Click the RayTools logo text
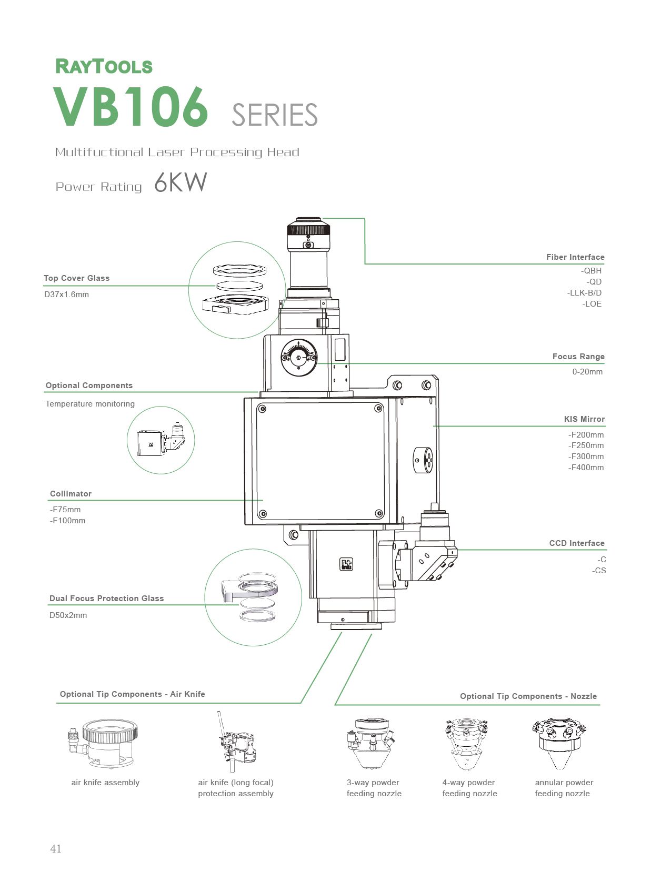pyautogui.click(x=104, y=66)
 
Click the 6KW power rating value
pyautogui.click(x=181, y=183)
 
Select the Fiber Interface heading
pyautogui.click(x=575, y=257)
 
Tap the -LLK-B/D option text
pyautogui.click(x=584, y=293)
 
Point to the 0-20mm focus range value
pyautogui.click(x=587, y=372)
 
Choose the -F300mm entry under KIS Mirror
pyautogui.click(x=586, y=456)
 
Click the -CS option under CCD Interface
pyautogui.click(x=599, y=571)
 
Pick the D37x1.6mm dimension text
pyautogui.click(x=66, y=295)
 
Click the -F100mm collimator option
pyautogui.click(x=67, y=521)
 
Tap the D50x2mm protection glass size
pyautogui.click(x=68, y=615)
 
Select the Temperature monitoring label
pyautogui.click(x=90, y=404)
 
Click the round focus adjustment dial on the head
pyautogui.click(x=299, y=358)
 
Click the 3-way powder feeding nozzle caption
pyautogui.click(x=374, y=788)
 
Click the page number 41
pyautogui.click(x=56, y=849)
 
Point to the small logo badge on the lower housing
pyautogui.click(x=346, y=564)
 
